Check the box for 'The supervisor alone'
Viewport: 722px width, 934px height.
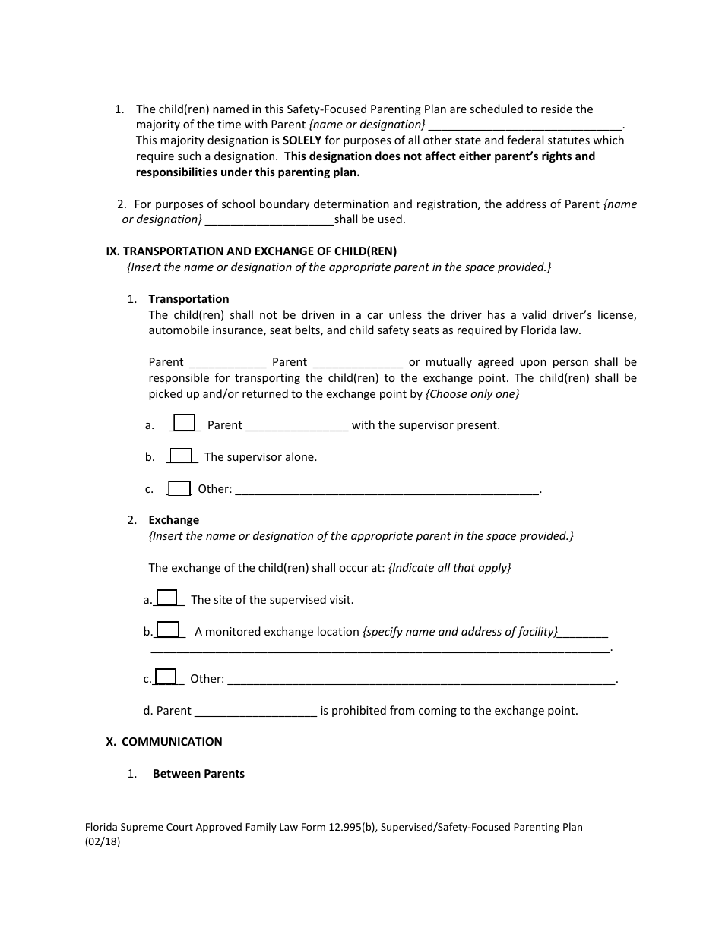point(181,456)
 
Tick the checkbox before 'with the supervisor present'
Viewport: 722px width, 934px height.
point(184,423)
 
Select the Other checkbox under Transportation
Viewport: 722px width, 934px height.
point(179,488)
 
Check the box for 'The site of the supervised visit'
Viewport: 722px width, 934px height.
point(167,598)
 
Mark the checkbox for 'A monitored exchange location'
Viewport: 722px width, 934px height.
point(167,630)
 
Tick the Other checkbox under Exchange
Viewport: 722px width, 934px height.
point(166,677)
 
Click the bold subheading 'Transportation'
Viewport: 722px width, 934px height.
point(188,299)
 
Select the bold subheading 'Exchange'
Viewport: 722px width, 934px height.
point(173,520)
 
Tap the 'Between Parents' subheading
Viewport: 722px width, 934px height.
point(198,774)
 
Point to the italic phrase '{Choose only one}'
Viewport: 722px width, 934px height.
point(472,394)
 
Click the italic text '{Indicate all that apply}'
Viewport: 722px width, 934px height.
point(449,568)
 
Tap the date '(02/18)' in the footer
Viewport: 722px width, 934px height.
point(103,841)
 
